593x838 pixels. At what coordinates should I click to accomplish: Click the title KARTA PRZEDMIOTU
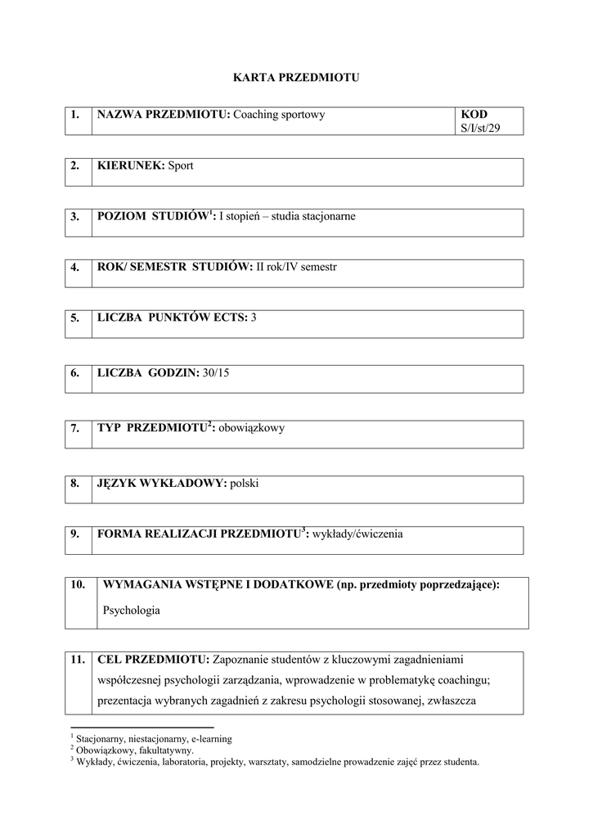(x=297, y=78)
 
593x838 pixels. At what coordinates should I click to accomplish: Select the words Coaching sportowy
(x=279, y=115)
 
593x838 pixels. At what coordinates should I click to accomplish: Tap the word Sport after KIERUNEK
(x=181, y=165)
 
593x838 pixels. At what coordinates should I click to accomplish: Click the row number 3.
(x=75, y=217)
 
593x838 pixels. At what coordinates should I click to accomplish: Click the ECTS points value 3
(x=254, y=318)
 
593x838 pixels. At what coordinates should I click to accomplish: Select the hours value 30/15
(x=217, y=373)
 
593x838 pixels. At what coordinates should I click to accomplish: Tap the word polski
(x=245, y=483)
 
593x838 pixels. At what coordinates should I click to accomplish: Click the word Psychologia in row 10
(x=132, y=610)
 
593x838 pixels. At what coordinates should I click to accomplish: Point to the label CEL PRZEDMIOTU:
(x=153, y=659)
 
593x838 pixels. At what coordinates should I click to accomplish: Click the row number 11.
(x=79, y=659)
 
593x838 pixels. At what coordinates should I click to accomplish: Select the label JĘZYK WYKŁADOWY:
(x=161, y=483)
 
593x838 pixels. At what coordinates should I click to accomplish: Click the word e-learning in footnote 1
(x=209, y=738)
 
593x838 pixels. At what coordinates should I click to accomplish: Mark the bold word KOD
(x=474, y=115)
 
